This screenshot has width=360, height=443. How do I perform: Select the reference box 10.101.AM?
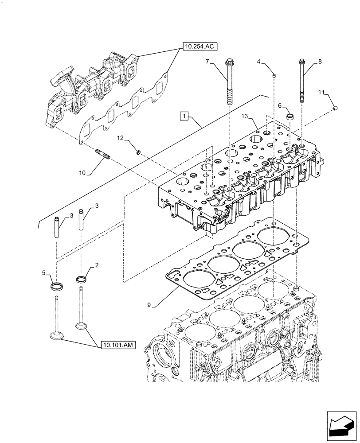[x=119, y=344]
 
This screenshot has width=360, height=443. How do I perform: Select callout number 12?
[x=120, y=139]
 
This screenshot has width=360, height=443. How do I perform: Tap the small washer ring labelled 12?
[x=138, y=153]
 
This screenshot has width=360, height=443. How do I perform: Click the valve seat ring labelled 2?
[x=81, y=280]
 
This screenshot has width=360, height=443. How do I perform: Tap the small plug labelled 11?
[x=336, y=107]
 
